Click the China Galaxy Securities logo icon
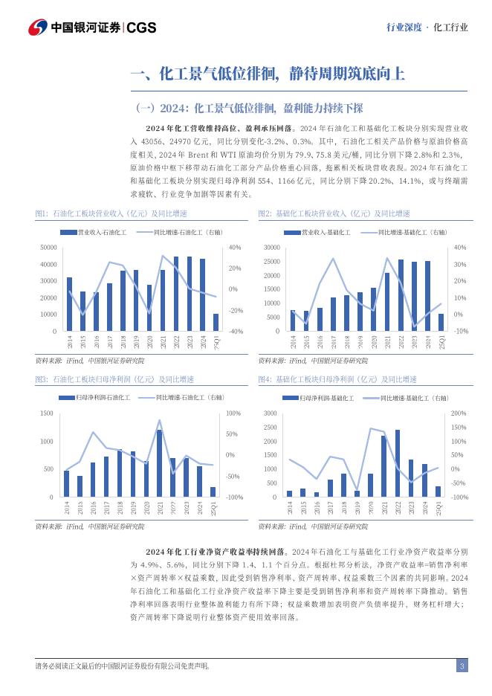pos(38,28)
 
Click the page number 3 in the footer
pos(462,666)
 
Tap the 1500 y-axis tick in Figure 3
pos(47,413)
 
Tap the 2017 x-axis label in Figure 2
pos(333,344)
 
